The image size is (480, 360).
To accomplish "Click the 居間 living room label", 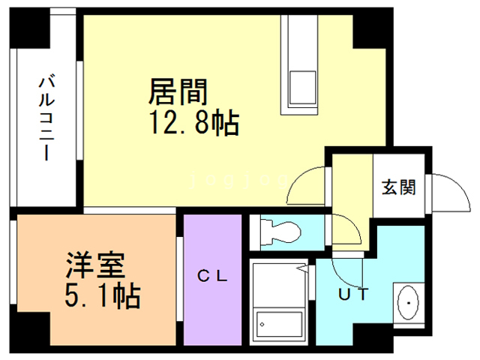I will point(178,92).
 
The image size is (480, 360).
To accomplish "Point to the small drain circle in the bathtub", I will point(262,324).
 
